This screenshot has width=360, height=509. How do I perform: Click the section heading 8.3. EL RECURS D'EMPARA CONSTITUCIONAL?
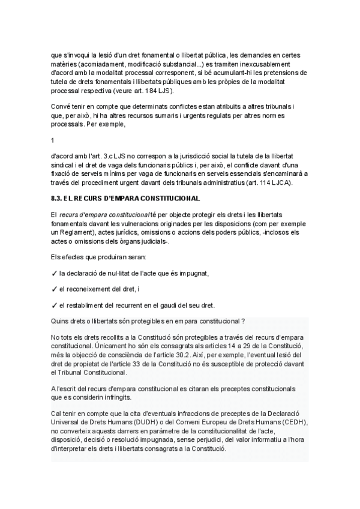pos(125,198)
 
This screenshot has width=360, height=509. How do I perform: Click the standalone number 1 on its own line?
pos(53,140)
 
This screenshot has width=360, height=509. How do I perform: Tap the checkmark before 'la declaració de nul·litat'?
pos(54,273)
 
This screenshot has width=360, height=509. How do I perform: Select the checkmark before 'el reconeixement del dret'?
pos(54,289)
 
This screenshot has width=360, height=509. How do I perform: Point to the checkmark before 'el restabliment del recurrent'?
pos(54,305)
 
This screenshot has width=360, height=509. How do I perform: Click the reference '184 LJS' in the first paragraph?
pos(158,91)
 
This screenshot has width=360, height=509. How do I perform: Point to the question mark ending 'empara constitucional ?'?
pos(242,321)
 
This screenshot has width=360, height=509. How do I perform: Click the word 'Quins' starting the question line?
pos(61,321)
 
